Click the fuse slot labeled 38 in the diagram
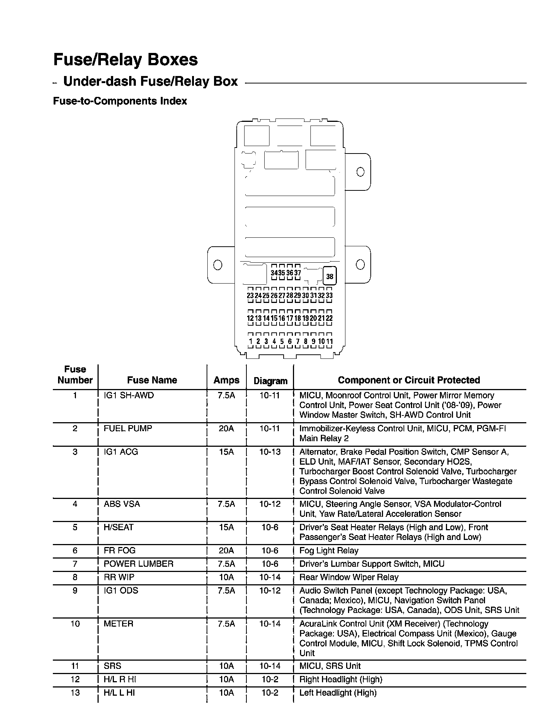[x=330, y=276]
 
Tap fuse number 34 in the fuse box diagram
[x=274, y=273]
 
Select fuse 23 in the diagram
[x=250, y=295]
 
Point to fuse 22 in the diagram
[x=329, y=318]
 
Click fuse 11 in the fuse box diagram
[x=329, y=341]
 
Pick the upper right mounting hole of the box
[x=360, y=172]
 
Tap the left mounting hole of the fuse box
[x=218, y=265]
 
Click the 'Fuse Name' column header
[x=152, y=380]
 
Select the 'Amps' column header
[x=226, y=380]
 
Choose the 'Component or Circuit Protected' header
[x=409, y=380]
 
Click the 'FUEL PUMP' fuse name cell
[x=128, y=429]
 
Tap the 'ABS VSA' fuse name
[x=122, y=504]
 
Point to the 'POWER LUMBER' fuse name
[x=138, y=564]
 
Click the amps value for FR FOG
[x=226, y=550]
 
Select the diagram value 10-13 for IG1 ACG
[x=270, y=452]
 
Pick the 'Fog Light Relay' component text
[x=329, y=550]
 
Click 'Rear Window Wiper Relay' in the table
[x=349, y=577]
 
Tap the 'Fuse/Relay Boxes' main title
[x=125, y=60]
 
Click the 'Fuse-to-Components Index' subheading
[x=120, y=101]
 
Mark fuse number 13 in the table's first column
[x=75, y=693]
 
